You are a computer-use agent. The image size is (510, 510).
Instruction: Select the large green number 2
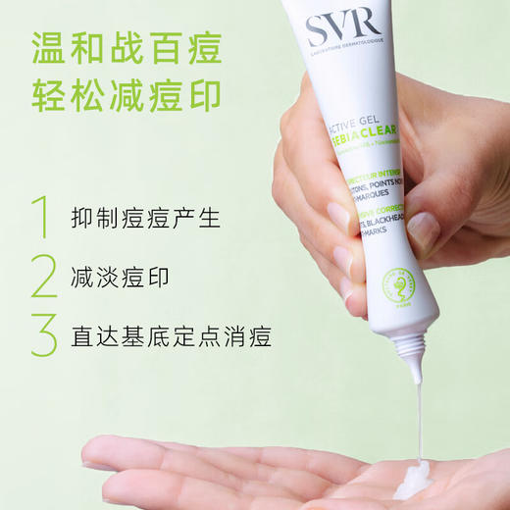tap(43, 277)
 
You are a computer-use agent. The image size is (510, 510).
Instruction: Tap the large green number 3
tap(43, 336)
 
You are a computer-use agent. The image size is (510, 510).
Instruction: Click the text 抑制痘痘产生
tap(135, 218)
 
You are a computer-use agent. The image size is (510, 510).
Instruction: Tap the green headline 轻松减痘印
tap(127, 97)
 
